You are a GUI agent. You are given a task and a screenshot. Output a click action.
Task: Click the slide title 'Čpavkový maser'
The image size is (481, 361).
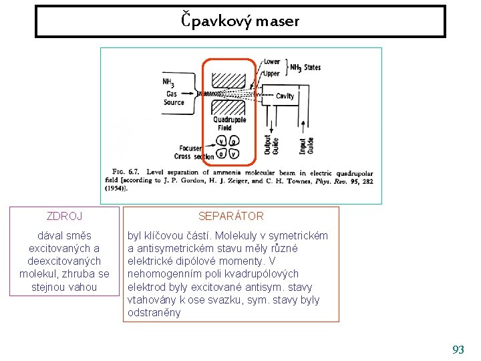click(x=240, y=21)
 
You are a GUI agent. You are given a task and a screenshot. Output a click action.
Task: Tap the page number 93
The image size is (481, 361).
click(x=458, y=349)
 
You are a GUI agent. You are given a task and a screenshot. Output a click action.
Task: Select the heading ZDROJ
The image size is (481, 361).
click(x=65, y=216)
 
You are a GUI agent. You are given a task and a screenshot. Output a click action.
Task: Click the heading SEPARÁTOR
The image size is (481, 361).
click(x=231, y=216)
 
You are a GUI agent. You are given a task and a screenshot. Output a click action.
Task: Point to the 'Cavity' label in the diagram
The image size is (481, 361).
click(x=285, y=96)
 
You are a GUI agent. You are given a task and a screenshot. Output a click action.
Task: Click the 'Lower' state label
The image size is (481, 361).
click(x=271, y=62)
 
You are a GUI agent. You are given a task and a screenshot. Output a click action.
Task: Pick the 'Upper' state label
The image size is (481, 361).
click(x=271, y=73)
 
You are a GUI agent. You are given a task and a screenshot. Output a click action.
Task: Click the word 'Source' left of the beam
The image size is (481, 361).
click(x=174, y=103)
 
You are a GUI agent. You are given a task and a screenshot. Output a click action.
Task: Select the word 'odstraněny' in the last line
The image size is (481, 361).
click(x=154, y=312)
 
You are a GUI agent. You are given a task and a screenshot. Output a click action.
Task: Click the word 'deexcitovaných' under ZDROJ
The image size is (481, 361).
click(x=65, y=261)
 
